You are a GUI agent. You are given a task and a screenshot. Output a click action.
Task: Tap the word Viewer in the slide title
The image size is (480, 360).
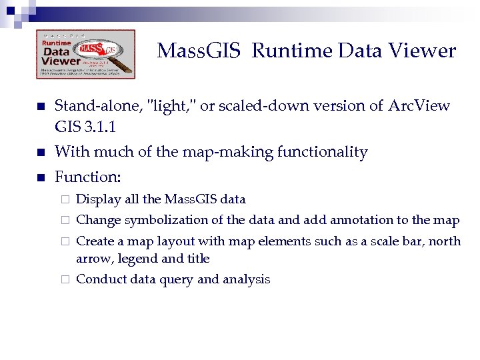(424, 51)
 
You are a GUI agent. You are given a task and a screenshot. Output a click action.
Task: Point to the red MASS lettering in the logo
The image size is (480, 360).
(93, 49)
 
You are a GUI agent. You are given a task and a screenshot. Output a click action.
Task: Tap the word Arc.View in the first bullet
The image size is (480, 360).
(419, 106)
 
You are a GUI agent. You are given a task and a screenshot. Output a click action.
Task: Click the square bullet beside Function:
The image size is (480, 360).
(40, 177)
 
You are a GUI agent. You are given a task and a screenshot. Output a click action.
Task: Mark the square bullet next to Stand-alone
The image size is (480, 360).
(40, 107)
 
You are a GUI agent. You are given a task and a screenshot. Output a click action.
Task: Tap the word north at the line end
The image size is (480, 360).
(444, 241)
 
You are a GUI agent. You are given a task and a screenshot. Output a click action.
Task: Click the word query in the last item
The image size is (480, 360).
(177, 280)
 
